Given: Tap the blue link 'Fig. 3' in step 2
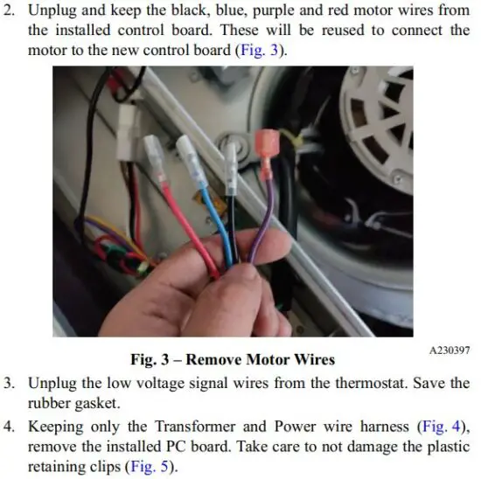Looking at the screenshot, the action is coord(259,50).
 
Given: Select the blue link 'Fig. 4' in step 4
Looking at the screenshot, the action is coord(442,427).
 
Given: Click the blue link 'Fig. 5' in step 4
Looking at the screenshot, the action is coord(150,467).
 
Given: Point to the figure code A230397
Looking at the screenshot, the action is coord(450,351).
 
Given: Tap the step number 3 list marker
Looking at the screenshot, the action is coord(10,383).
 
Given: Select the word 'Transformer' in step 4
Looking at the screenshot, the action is coord(195,427).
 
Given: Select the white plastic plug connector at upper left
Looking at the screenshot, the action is coord(127,132).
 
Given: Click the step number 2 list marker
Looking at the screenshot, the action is coord(10,10).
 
